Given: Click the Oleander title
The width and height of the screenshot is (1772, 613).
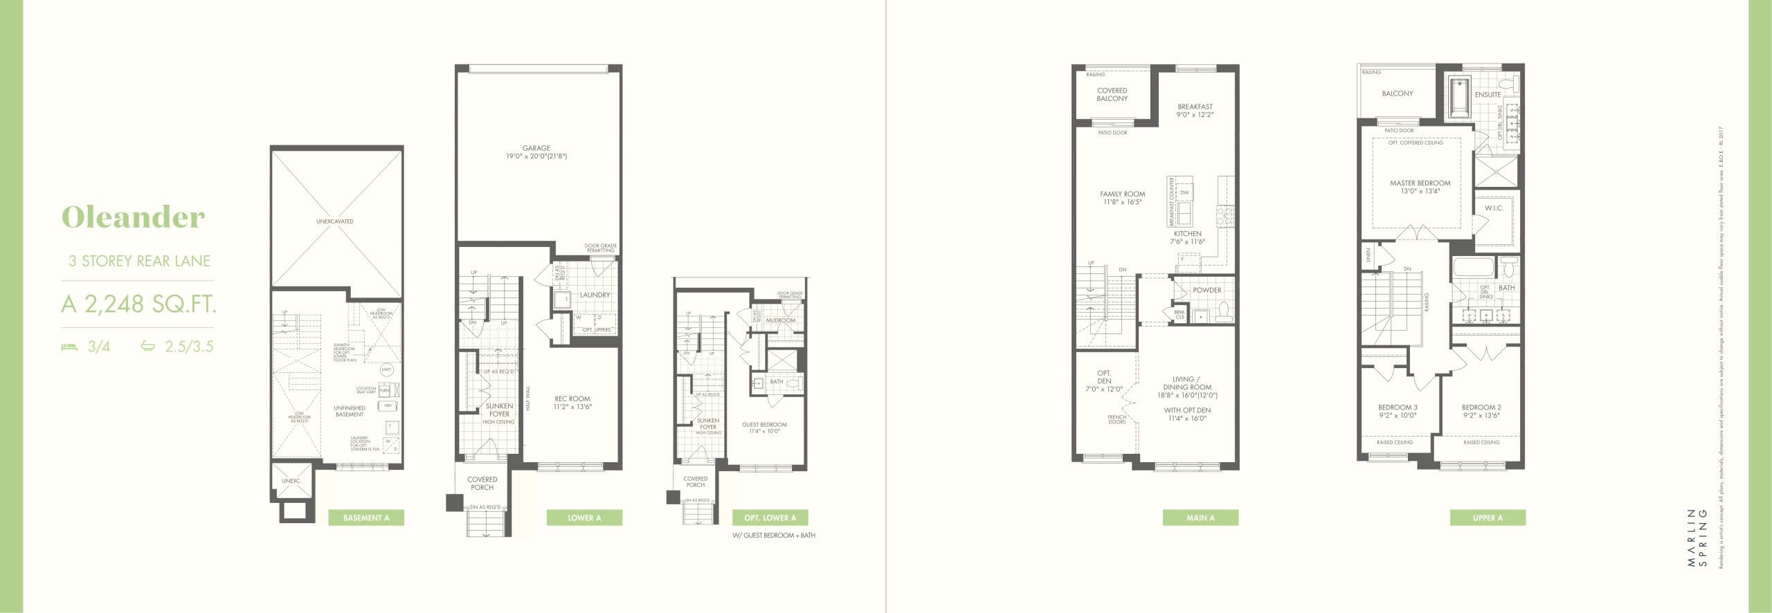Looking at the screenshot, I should tap(134, 217).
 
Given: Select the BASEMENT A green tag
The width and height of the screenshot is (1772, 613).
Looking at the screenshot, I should tap(366, 518).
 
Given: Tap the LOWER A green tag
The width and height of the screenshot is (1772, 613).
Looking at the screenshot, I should tap(584, 518).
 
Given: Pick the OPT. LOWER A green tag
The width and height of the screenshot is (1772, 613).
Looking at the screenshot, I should tap(770, 518).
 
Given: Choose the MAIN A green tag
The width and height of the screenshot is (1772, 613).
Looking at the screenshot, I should tap(1200, 518).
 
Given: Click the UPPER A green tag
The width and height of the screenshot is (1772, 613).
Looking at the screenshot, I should tap(1488, 518).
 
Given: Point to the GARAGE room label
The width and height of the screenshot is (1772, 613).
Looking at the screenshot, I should tap(536, 148).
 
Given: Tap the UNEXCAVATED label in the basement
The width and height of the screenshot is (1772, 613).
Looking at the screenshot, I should tap(335, 221).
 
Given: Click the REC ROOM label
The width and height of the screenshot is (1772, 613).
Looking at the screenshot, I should tap(572, 399).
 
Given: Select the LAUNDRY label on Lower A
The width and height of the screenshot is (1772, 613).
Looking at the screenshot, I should tap(595, 295).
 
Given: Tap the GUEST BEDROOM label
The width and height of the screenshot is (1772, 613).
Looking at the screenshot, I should tap(764, 425).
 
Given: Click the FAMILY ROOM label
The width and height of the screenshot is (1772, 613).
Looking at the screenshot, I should tap(1123, 194).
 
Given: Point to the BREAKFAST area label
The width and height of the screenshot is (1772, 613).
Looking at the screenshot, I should tap(1195, 107).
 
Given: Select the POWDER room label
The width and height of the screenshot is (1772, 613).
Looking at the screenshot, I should tap(1207, 290).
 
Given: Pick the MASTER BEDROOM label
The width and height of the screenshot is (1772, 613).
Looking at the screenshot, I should tap(1420, 183).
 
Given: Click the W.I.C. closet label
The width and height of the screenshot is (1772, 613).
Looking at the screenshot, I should tap(1494, 208).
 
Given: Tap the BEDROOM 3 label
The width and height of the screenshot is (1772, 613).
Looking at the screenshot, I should tap(1398, 408).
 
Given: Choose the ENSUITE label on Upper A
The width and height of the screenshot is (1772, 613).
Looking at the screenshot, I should tap(1488, 95).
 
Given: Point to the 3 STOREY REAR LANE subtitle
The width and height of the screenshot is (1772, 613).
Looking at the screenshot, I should tap(139, 261).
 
